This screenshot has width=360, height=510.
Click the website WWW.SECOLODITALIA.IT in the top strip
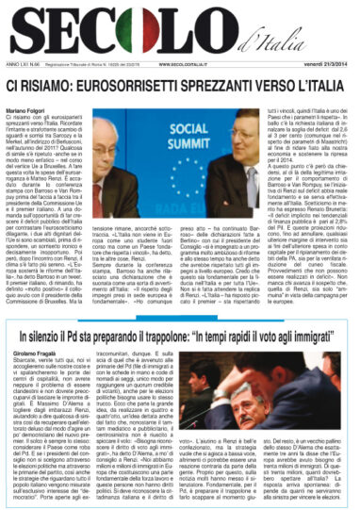(x=189, y=64)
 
